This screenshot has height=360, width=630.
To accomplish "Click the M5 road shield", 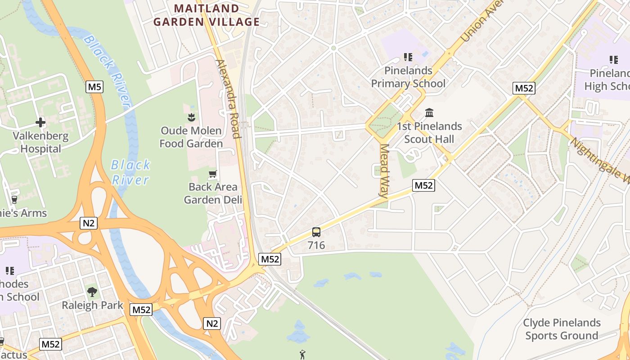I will click(x=94, y=87).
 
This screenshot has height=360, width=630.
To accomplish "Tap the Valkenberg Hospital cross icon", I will click(x=40, y=122).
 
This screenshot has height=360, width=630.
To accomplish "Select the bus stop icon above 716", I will click(x=316, y=232).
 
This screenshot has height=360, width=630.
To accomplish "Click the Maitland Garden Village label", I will click(x=206, y=15).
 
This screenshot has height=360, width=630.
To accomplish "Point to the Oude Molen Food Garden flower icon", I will click(x=191, y=117).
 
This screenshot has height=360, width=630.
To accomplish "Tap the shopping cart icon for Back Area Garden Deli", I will click(x=213, y=174).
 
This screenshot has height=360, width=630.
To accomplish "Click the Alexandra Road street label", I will click(x=229, y=99).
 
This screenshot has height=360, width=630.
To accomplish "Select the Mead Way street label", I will click(x=384, y=171).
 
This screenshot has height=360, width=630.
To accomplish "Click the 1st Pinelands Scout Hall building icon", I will click(x=429, y=112).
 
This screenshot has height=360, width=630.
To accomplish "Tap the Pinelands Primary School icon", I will click(x=408, y=57).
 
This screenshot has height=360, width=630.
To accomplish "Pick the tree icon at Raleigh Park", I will click(x=92, y=292).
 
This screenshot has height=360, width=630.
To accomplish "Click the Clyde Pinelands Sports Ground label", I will click(x=562, y=329).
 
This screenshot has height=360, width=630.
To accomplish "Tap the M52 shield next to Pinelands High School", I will click(x=524, y=88).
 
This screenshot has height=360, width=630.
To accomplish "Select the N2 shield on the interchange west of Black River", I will click(x=89, y=223).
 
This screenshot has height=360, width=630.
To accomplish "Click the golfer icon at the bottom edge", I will click(x=302, y=355).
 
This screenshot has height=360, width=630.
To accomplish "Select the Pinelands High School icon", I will click(x=613, y=59).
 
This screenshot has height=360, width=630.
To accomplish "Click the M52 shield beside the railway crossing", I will click(x=270, y=259).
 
